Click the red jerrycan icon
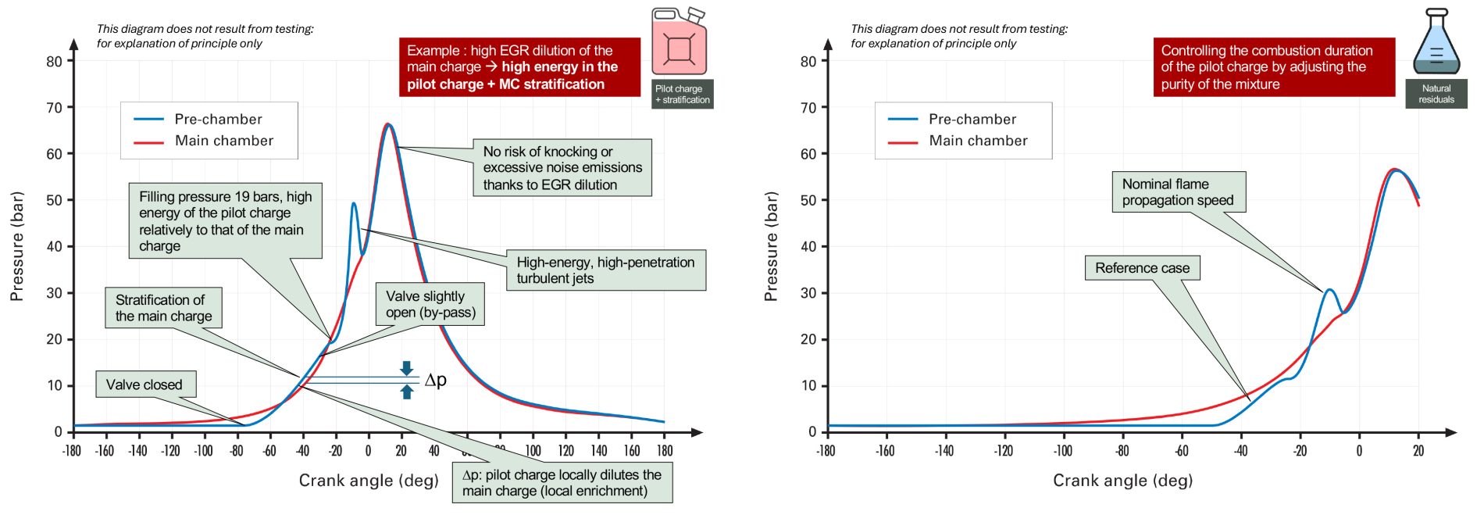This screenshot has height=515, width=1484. pos(679,42)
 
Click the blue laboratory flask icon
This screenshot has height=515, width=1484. pos(1436,43)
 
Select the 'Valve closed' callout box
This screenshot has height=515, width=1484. pos(144,384)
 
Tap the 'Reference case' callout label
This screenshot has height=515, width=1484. pos(1142,268)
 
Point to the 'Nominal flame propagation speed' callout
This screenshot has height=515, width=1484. pos(1178,192)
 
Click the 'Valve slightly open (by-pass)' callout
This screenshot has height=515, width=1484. pos(430,304)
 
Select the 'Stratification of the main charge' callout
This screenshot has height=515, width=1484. pos(164,308)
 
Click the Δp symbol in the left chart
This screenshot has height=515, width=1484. pos(435,380)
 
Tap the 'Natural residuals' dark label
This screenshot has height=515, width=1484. pos(1436,94)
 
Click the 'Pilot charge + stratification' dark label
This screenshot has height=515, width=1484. pos(682,94)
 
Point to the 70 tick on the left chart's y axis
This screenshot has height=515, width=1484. pos(54,108)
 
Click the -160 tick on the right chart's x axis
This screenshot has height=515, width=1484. pos(885,451)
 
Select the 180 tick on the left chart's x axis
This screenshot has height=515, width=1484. pos(665,451)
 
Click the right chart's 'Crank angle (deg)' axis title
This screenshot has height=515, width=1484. pos(1122,481)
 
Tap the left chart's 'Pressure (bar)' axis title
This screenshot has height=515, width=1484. pos(17,246)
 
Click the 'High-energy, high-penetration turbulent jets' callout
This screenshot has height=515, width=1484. pos(605,270)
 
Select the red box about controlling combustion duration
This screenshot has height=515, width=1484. pos(1273,67)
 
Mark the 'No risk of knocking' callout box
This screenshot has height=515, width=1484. pos(562,168)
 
